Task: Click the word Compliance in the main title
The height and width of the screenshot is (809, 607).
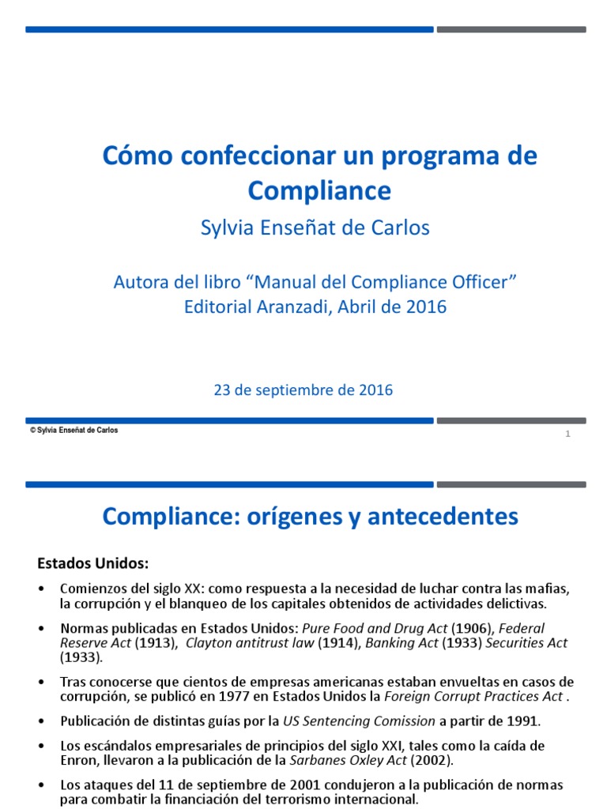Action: pyautogui.click(x=319, y=190)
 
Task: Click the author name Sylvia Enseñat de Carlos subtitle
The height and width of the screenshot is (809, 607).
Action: pyautogui.click(x=315, y=228)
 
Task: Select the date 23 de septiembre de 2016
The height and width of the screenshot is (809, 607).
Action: pyautogui.click(x=303, y=389)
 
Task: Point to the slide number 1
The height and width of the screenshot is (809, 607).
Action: pyautogui.click(x=567, y=435)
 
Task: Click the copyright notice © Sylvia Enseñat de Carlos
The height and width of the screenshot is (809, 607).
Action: pyautogui.click(x=74, y=431)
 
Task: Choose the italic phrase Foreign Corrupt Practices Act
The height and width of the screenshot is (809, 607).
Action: pyautogui.click(x=471, y=697)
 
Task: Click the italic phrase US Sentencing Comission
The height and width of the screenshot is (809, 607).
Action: pyautogui.click(x=359, y=721)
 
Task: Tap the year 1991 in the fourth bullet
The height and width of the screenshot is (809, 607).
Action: pyautogui.click(x=523, y=721)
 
